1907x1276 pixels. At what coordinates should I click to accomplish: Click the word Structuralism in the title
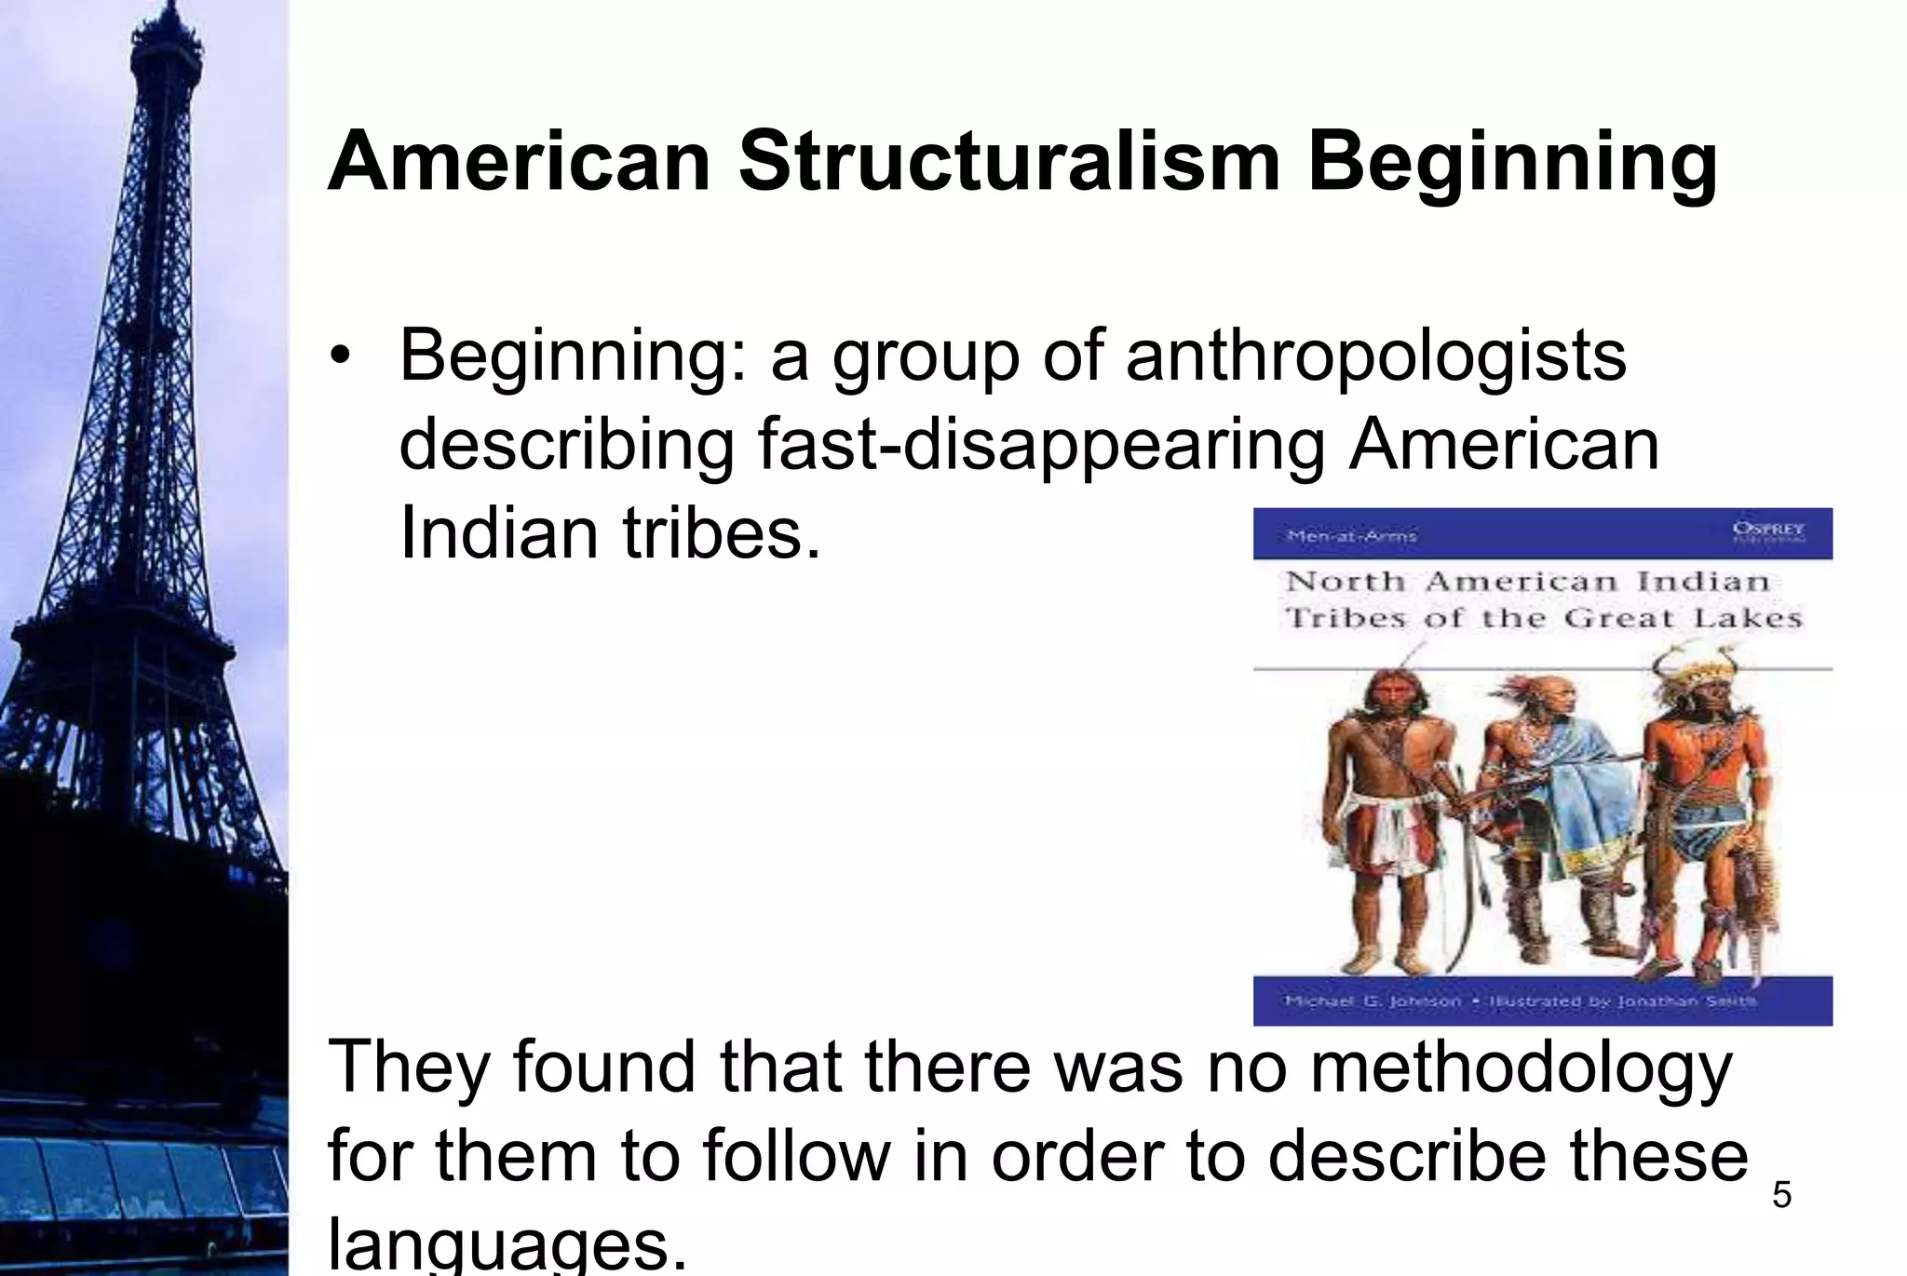coord(1009,163)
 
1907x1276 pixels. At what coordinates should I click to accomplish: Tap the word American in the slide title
coord(520,163)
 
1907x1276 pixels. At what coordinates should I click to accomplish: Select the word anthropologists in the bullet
coord(1375,356)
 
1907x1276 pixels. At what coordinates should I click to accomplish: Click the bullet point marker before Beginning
coord(342,356)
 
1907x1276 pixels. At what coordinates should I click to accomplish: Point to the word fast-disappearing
coord(1041,444)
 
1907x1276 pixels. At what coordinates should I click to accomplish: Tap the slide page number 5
coord(1781,1194)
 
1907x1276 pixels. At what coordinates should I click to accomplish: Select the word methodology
coord(1522,1068)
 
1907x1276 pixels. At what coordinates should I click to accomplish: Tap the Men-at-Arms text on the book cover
coord(1350,536)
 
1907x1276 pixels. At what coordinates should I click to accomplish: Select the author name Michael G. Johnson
coord(1373,1001)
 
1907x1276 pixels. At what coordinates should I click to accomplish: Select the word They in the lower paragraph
coord(408,1068)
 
